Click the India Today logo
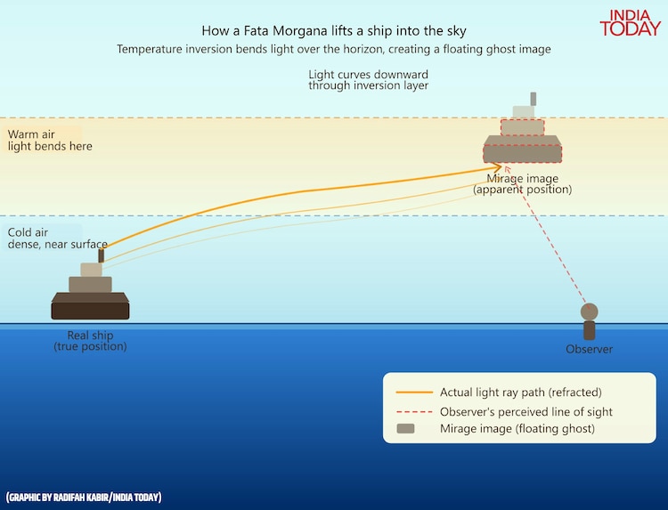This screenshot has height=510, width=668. (630, 22)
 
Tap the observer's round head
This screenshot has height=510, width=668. (589, 312)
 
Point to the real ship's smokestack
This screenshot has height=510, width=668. (102, 255)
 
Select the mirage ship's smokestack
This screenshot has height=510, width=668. (534, 98)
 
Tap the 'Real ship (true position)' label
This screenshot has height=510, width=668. (90, 341)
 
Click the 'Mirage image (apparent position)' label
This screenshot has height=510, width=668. (522, 184)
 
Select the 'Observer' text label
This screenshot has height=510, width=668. (589, 350)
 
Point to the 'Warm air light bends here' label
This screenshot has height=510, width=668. (50, 140)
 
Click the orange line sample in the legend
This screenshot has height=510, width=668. (414, 393)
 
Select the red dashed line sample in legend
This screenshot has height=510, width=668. (414, 412)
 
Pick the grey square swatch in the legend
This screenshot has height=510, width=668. (405, 430)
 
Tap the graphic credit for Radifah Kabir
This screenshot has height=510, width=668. (84, 497)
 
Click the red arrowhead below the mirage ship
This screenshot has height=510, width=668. (506, 168)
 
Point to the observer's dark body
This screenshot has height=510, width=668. (589, 331)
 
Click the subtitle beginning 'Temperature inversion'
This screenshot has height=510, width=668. (334, 50)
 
